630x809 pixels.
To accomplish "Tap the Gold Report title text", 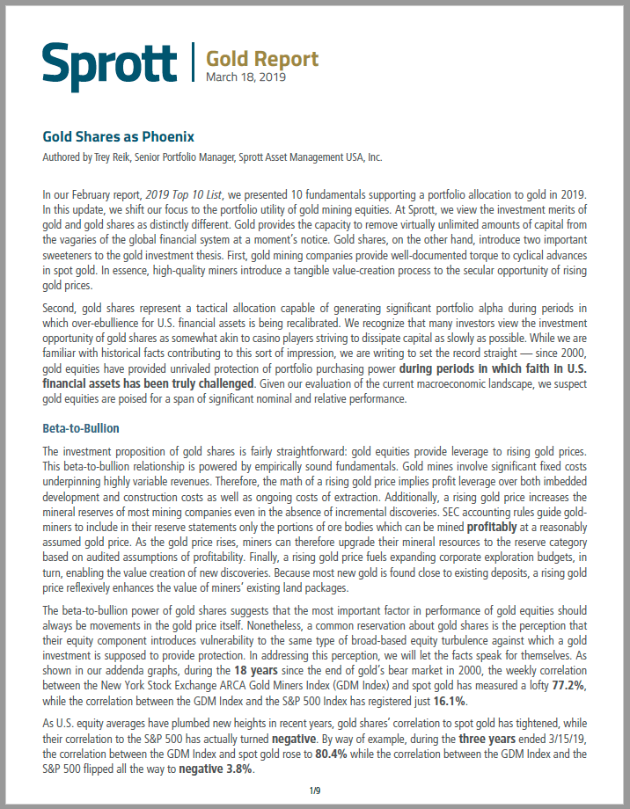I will [262, 58].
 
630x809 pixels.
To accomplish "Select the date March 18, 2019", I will [245, 77].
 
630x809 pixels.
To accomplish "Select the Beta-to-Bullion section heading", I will [81, 428].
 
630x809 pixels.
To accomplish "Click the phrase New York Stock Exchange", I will [158, 684].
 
